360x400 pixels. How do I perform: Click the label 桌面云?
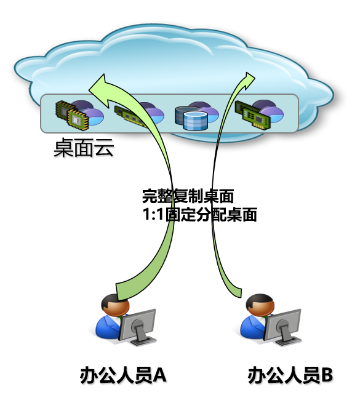coord(84,148)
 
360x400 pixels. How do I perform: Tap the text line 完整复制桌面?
coord(188,196)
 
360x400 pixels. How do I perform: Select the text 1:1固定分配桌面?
coord(199,215)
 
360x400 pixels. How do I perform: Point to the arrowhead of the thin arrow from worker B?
coord(248,81)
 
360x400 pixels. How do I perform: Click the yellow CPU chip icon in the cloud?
coord(72,115)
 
